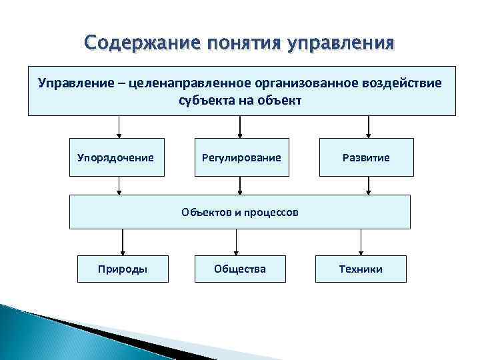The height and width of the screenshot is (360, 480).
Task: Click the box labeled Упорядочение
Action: point(116,157)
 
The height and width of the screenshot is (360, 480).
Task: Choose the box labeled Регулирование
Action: point(241,157)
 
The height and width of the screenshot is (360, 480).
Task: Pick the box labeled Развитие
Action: point(366,157)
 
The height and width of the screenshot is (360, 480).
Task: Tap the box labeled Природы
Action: point(123,269)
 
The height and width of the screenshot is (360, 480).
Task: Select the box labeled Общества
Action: point(240,269)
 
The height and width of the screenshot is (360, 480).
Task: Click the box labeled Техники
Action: point(361,269)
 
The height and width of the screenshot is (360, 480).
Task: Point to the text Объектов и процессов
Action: point(240,213)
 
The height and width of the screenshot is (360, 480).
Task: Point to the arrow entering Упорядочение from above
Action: point(119,127)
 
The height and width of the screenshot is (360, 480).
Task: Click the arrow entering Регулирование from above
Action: point(241,127)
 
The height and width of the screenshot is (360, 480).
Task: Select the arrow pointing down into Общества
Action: point(241,242)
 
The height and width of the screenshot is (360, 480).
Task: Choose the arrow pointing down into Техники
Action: point(361,242)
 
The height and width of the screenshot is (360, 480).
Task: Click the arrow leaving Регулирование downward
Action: point(241,185)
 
